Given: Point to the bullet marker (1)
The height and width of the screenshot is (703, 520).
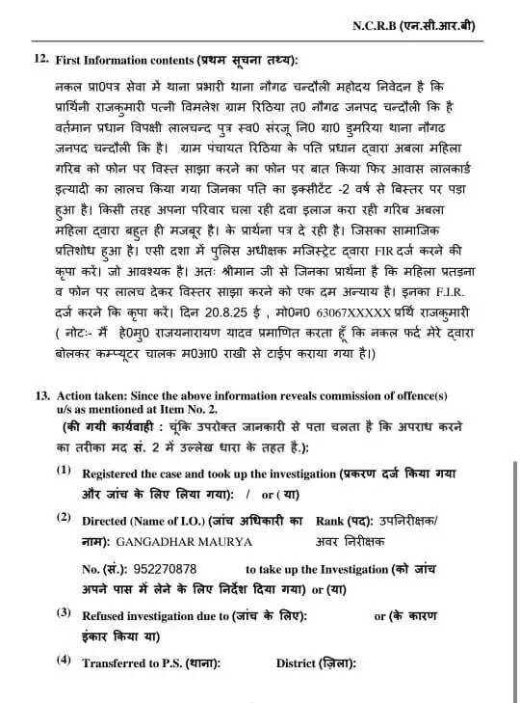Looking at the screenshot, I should [x=64, y=472].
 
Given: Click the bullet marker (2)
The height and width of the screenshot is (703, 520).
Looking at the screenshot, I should [x=64, y=518].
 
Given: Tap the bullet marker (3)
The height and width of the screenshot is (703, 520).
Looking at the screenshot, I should [x=64, y=613].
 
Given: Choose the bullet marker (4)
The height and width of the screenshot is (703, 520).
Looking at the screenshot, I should [x=64, y=662].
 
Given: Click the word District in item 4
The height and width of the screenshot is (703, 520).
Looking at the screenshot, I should [x=299, y=663].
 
